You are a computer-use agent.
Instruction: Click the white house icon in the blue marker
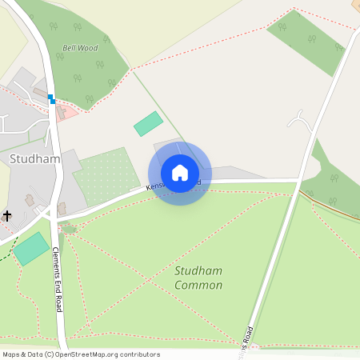coord(180,173)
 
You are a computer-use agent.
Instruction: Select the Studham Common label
coord(198,278)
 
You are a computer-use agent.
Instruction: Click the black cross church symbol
coord(8,215)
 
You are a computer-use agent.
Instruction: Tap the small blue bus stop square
coord(51,99)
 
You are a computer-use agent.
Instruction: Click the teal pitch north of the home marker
coord(148,123)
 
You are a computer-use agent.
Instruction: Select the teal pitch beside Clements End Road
coord(31,248)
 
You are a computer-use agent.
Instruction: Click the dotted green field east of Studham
coord(106,174)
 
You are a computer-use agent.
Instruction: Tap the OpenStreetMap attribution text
coord(81,354)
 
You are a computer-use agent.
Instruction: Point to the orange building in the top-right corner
coord(355,5)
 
